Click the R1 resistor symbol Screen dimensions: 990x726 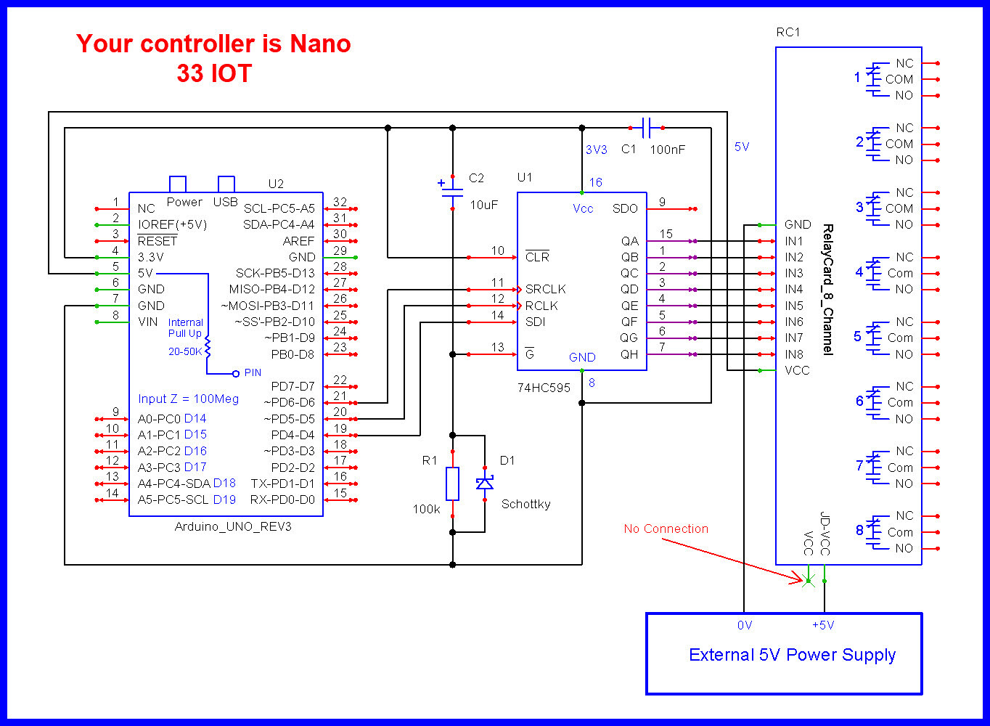(452, 484)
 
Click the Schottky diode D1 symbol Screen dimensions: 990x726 (484, 484)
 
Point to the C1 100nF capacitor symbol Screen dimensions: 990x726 (646, 128)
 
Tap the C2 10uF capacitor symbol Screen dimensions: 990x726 (452, 192)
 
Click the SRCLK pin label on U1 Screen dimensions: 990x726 (545, 289)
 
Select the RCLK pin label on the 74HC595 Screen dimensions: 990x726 (541, 306)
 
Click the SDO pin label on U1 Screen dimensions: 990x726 (625, 208)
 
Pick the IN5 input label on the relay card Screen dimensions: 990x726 (794, 306)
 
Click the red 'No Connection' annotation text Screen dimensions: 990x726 (666, 529)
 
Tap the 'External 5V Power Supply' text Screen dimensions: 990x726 (792, 655)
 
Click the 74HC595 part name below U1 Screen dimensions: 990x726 (544, 388)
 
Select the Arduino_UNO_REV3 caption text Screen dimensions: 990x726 (233, 526)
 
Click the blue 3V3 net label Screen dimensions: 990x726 (596, 150)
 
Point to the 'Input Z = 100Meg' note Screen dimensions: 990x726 (188, 399)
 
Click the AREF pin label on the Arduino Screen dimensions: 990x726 (298, 241)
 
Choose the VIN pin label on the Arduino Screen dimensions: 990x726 (147, 322)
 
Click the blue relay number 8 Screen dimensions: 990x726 (859, 530)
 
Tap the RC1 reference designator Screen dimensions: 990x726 (788, 32)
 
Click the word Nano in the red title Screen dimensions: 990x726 (320, 44)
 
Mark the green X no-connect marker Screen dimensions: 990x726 (808, 581)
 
